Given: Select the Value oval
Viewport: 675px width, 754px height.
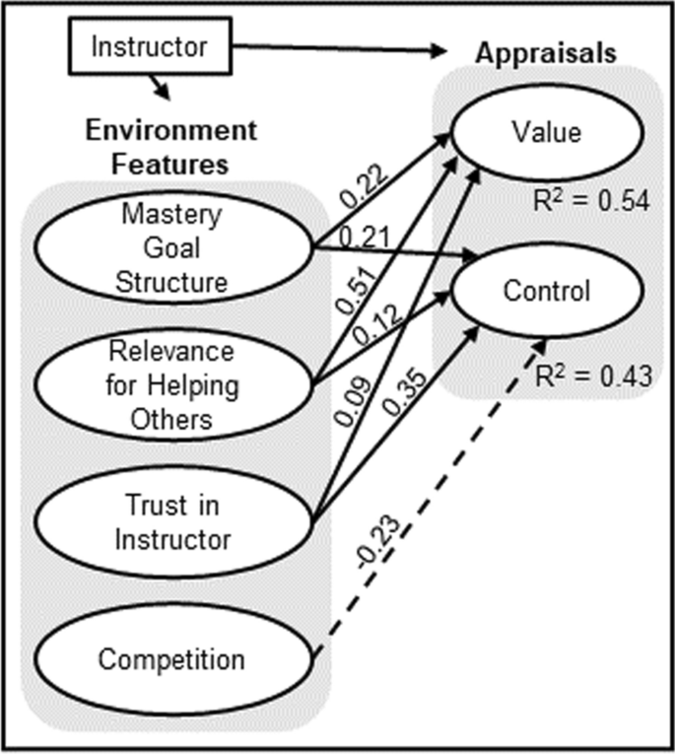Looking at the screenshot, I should [x=547, y=134].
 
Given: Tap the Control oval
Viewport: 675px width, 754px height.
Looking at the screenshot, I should [x=547, y=292].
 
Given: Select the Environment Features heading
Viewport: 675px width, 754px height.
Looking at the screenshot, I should [x=170, y=145].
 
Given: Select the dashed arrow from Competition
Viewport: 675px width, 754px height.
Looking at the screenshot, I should [x=434, y=493].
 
